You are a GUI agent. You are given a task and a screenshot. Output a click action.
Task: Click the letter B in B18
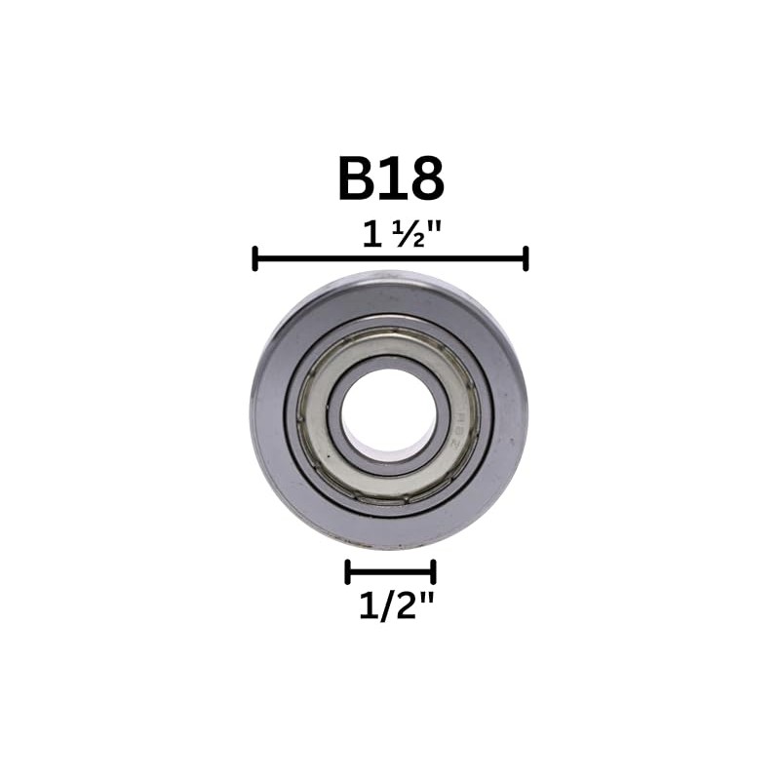pos(359,178)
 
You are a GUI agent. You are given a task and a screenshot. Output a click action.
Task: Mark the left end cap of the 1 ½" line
pos(254,258)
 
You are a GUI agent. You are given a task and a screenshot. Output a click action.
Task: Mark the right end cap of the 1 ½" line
pos(526,258)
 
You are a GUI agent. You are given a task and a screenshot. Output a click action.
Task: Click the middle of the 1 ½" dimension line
pos(390,258)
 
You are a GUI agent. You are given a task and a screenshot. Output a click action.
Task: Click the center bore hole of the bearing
pos(388,409)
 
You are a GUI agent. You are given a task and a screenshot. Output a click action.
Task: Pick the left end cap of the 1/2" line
pos(347,571)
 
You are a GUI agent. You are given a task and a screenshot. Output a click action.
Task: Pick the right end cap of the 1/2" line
pos(434,571)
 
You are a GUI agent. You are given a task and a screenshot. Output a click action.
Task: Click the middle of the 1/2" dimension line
pos(390,571)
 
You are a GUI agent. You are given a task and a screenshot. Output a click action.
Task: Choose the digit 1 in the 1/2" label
pos(366,607)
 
